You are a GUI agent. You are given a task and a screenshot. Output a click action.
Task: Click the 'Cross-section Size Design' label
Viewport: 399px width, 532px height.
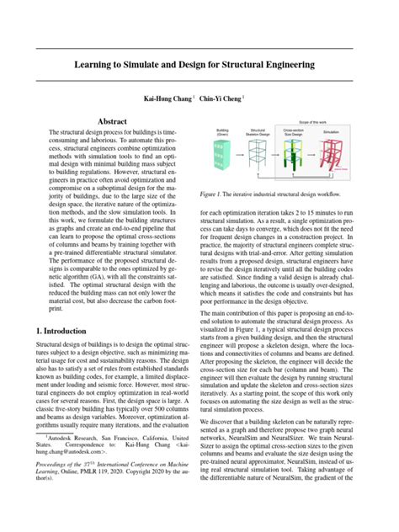pyautogui.click(x=293, y=134)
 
